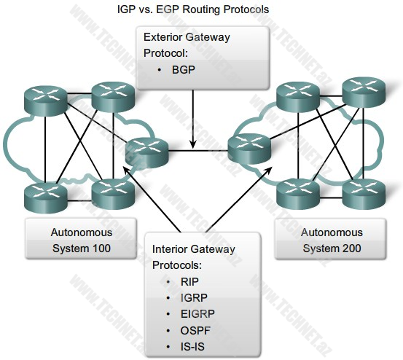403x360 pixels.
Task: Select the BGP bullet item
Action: [184, 71]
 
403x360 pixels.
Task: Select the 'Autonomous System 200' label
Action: [332, 240]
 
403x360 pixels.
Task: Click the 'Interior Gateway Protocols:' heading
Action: [193, 257]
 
